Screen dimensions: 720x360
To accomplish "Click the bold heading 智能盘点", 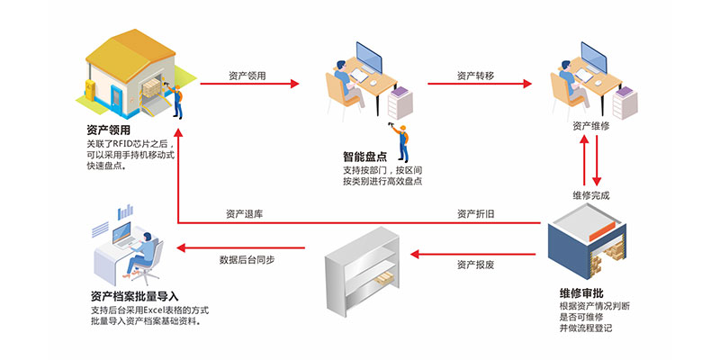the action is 364,157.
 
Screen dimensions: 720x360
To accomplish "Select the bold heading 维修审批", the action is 581,293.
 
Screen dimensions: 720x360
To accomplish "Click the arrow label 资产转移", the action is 475,76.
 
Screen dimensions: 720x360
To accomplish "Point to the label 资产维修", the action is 591,126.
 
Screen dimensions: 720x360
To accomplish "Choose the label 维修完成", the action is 591,195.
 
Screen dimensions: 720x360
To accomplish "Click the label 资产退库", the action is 244,214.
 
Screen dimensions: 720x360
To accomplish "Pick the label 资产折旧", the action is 476,214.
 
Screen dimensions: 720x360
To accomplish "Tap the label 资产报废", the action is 476,265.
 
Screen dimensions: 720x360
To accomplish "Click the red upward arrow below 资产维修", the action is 584,160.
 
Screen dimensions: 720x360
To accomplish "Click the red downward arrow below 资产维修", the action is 597,160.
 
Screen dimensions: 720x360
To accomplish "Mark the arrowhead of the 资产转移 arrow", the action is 527,84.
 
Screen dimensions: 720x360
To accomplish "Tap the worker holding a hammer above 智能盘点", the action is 400,141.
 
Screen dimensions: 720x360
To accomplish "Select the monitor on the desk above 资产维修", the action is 594,58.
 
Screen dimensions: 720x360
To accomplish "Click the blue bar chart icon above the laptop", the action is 125,211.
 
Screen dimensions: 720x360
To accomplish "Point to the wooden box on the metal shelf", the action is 384,277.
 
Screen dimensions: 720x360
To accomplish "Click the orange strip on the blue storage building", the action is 601,232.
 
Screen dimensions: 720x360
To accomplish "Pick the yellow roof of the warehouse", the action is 130,49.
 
